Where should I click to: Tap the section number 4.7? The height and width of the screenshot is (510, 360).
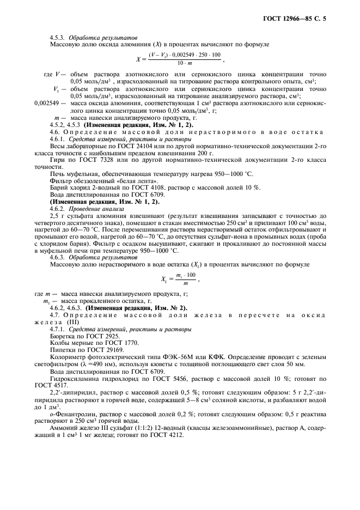pos(54,315)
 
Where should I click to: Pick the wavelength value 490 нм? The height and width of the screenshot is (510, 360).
pos(94,368)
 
